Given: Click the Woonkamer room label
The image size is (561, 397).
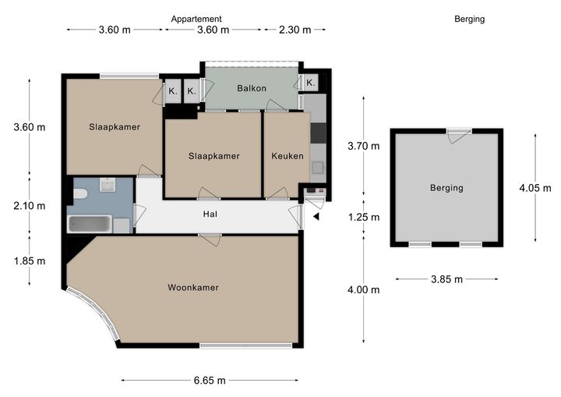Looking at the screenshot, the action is [193, 287].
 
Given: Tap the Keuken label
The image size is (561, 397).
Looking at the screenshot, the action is [288, 156].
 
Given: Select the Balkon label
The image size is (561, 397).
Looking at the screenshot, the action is [252, 88].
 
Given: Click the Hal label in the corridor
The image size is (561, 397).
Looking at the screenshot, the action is [210, 214].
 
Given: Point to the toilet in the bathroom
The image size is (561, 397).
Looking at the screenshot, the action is [80, 193].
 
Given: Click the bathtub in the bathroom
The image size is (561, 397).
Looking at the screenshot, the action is [90, 225].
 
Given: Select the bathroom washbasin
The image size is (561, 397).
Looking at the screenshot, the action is [107, 185].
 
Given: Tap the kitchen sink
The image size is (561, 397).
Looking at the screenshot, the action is [318, 168].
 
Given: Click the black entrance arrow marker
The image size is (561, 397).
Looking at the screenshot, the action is [316, 216].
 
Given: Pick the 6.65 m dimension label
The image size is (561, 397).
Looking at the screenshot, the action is [210, 380].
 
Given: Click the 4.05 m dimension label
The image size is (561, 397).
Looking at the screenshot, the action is [535, 188].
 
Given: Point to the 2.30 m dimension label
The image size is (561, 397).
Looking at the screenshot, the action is [295, 30].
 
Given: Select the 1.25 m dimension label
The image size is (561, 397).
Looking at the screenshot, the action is [364, 217].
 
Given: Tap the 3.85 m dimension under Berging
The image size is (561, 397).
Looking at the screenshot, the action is [446, 279].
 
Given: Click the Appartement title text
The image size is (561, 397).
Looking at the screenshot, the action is [196, 19].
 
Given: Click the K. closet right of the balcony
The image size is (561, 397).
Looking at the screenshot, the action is [310, 83].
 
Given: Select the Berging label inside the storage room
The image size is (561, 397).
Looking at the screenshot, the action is [446, 188].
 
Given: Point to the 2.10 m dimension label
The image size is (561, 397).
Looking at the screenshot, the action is [30, 206].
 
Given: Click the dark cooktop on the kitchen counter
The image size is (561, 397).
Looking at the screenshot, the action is [318, 133].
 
